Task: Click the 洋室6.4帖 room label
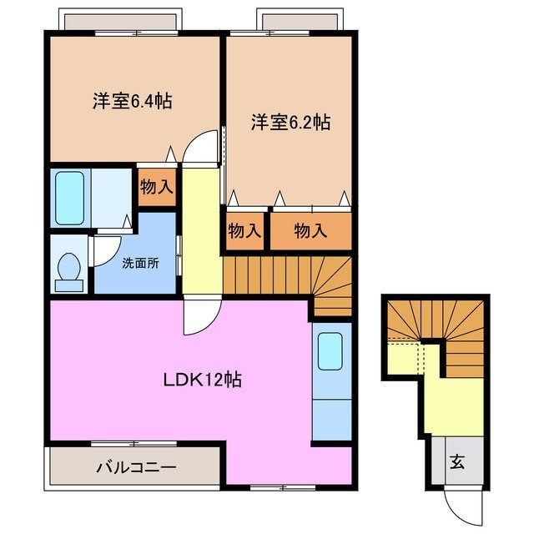point(132,102)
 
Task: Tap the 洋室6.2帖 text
point(290,123)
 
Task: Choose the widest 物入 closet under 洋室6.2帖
point(310,230)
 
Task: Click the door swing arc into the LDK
point(200,318)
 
